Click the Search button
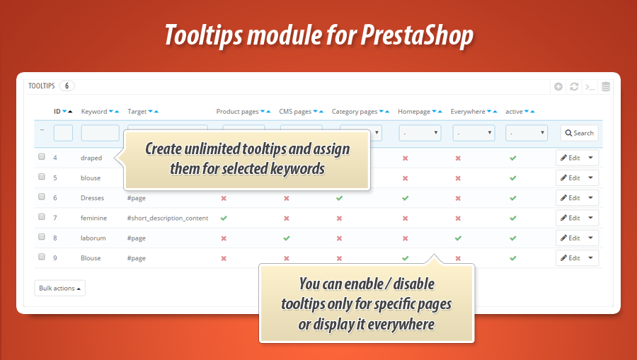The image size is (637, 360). click(x=579, y=133)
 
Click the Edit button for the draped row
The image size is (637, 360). click(x=570, y=158)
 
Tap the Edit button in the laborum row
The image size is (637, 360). click(x=570, y=238)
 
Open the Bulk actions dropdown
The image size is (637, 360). click(x=59, y=288)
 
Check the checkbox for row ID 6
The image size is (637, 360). click(x=42, y=197)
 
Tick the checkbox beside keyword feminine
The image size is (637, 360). click(x=42, y=218)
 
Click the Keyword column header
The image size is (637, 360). click(x=94, y=112)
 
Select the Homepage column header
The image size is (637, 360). click(x=414, y=112)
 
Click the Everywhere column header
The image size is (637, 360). click(x=468, y=112)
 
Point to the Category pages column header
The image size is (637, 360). click(x=355, y=112)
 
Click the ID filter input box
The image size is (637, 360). click(x=63, y=133)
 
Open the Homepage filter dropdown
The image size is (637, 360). click(x=420, y=133)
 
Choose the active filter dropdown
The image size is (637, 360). click(x=526, y=133)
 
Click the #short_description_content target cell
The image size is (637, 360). click(x=168, y=218)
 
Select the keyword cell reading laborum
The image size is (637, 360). click(x=93, y=238)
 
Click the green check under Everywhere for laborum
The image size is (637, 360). click(x=459, y=238)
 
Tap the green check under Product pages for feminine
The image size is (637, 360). click(x=224, y=218)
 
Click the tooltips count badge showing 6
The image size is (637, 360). click(x=67, y=86)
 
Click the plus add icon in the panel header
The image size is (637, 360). click(x=558, y=86)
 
